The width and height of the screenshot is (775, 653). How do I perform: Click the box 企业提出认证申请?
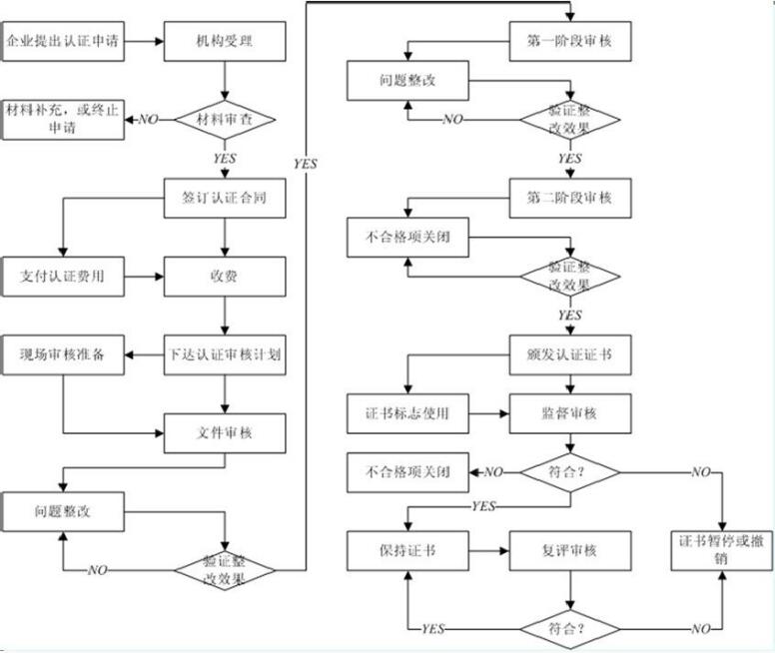point(61,42)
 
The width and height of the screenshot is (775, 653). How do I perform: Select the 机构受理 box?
point(225,42)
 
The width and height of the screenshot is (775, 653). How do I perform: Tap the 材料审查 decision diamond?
point(225,119)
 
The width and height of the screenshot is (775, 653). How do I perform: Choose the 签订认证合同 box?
point(225,199)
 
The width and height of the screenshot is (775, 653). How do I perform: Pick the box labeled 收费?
point(225,277)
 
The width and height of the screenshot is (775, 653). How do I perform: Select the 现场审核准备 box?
point(62,354)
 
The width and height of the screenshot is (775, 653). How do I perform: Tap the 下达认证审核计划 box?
point(225,354)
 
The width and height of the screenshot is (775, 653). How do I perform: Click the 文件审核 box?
point(225,432)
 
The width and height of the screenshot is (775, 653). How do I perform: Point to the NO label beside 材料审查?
point(148,120)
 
